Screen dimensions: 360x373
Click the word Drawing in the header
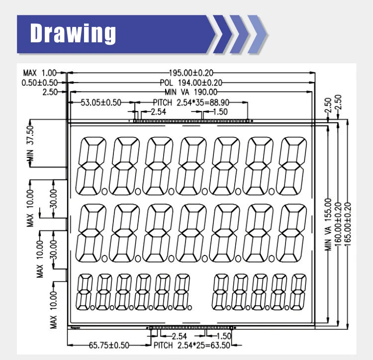[73, 33]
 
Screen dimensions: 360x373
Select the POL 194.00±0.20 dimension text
[191, 83]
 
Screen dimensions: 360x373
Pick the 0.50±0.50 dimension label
[40, 83]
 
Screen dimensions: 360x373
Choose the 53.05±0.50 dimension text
[101, 103]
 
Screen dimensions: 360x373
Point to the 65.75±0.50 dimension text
[109, 345]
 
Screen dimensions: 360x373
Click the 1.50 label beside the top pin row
[219, 112]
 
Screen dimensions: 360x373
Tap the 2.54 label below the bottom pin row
[179, 337]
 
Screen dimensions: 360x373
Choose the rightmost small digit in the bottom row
[298, 291]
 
